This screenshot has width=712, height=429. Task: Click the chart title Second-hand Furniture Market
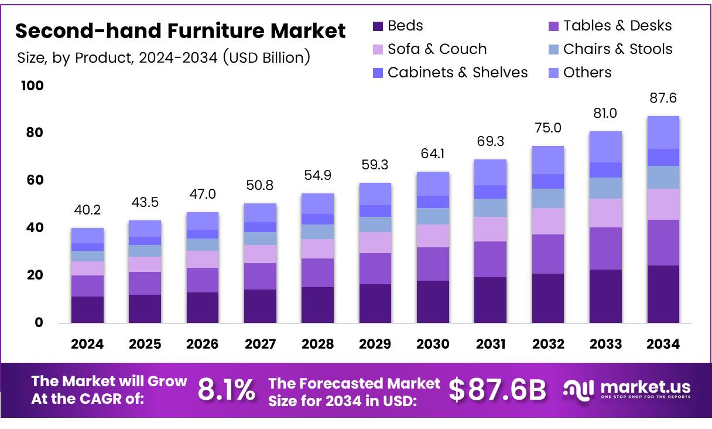[x=180, y=30]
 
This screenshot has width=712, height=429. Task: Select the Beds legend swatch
[x=378, y=26]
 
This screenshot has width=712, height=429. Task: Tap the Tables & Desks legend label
[x=617, y=26]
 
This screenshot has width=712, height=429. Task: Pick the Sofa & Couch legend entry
[x=437, y=49]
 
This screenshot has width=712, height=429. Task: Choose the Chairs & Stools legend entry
[x=618, y=49]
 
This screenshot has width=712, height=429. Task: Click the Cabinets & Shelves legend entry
[x=457, y=73]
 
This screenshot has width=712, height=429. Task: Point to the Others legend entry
[x=587, y=73]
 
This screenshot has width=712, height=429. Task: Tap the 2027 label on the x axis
[x=260, y=344]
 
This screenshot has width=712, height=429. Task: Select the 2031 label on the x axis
[x=491, y=344]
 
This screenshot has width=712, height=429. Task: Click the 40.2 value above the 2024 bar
[x=87, y=210]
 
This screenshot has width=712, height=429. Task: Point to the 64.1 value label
[x=433, y=154]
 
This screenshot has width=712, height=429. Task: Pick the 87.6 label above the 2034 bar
[x=663, y=98]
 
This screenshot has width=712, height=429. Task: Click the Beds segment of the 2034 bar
[x=663, y=294]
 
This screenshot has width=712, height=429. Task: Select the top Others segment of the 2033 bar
[x=605, y=147]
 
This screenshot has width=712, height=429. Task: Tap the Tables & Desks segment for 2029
[x=375, y=268]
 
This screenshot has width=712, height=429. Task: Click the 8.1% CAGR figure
[x=226, y=390]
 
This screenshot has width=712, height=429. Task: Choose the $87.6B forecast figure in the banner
[x=497, y=390]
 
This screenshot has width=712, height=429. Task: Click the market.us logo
[x=627, y=389]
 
